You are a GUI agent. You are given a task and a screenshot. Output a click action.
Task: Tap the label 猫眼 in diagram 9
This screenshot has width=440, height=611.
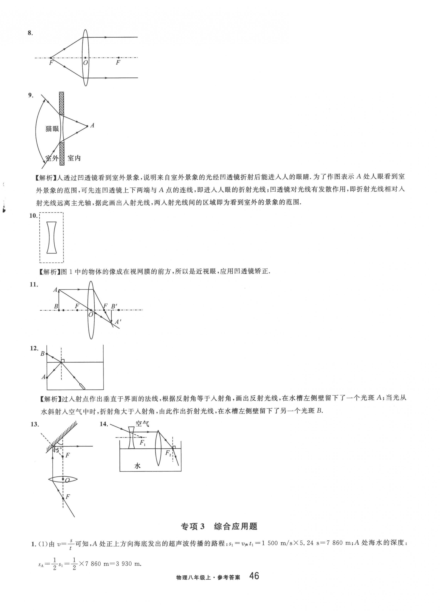click(x=52, y=129)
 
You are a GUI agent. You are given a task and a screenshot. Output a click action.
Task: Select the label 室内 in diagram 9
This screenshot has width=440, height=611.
click(x=74, y=158)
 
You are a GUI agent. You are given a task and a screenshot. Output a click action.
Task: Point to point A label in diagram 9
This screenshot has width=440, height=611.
click(x=92, y=125)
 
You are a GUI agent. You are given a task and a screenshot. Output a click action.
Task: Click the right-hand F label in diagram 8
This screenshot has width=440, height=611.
click(x=118, y=63)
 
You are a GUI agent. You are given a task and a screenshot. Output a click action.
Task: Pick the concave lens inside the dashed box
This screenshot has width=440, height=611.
click(x=52, y=237)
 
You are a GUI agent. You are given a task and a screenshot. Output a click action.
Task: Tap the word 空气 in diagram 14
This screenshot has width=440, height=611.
click(x=142, y=424)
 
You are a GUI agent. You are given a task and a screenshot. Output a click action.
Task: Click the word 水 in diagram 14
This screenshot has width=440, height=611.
click(x=138, y=466)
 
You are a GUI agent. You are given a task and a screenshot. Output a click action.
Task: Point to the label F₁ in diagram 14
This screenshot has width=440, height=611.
click(x=142, y=443)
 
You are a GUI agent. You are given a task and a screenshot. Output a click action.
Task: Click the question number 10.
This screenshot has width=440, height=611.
click(x=33, y=216)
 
